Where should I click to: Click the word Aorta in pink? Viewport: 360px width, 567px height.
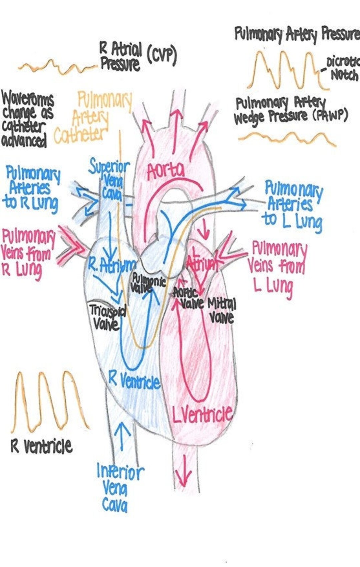166,171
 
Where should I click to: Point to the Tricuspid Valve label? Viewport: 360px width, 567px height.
107,318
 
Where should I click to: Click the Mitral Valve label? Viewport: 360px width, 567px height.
222,310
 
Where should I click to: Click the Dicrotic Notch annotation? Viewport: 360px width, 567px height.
343,68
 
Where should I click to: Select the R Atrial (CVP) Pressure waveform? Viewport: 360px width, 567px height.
57,67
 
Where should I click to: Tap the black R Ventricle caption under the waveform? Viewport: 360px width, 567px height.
42,446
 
